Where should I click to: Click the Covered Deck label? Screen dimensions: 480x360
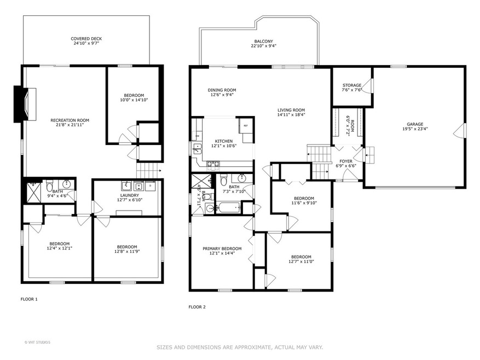86,39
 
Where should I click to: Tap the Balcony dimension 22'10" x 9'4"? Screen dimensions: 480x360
264,46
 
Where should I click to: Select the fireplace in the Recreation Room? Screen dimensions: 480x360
25,104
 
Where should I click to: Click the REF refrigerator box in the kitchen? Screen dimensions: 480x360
246,125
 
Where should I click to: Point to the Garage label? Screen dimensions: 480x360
415,124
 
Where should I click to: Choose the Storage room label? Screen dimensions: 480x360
352,85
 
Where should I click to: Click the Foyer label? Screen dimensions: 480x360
346,161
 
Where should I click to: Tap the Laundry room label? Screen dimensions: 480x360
130,195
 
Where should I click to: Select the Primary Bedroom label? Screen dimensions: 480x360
222,249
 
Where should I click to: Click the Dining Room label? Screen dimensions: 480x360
222,90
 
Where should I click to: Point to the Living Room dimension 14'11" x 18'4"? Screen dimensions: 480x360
291,115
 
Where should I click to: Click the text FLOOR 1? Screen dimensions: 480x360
29,299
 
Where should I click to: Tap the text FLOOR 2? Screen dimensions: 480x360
197,307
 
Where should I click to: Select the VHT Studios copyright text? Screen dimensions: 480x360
37,342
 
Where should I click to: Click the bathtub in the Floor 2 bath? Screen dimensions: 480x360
229,208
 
